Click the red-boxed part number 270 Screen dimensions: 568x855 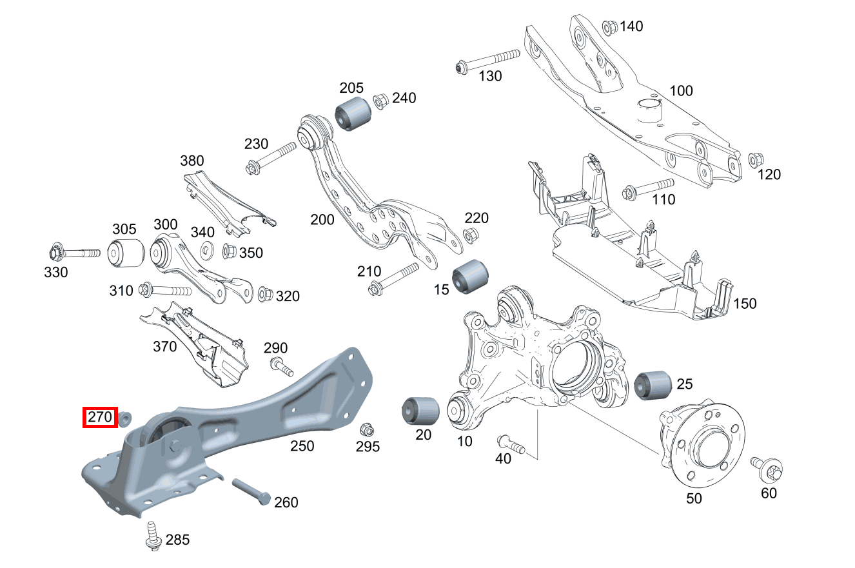point(100,418)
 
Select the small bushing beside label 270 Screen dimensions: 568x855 point(126,418)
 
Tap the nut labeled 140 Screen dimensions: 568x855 point(610,27)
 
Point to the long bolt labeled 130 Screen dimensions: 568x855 point(487,60)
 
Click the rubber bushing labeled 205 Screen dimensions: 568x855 point(352,114)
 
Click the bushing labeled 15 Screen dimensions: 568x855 point(471,275)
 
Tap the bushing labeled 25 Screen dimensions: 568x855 point(653,385)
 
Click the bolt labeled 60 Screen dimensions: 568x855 point(767,469)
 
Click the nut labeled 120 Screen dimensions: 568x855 point(754,159)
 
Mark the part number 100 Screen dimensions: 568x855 point(681,91)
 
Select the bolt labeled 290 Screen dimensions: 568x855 point(280,366)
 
